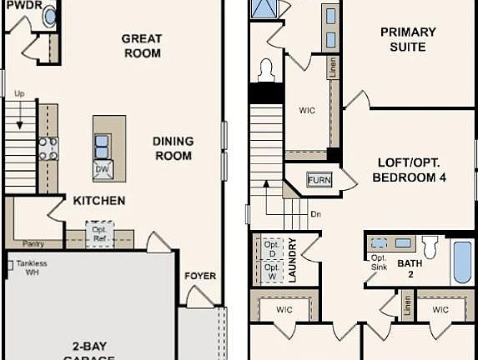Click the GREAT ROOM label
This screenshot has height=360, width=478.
pos(141,45)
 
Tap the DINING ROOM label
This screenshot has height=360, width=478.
pos(173,148)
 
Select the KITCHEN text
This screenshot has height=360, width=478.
pos(99,201)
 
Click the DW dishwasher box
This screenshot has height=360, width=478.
pos(103,169)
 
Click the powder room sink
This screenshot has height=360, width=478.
pos(50,16)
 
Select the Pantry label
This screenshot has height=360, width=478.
pos(33,243)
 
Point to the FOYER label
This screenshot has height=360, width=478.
pos(200,276)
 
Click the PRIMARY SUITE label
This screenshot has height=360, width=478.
pos(408,39)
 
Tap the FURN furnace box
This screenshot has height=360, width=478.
pos(319,180)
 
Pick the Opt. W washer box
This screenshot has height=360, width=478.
pos(272,270)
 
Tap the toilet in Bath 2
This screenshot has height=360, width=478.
pos(430,247)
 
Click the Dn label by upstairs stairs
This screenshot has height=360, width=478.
pos(315,213)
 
